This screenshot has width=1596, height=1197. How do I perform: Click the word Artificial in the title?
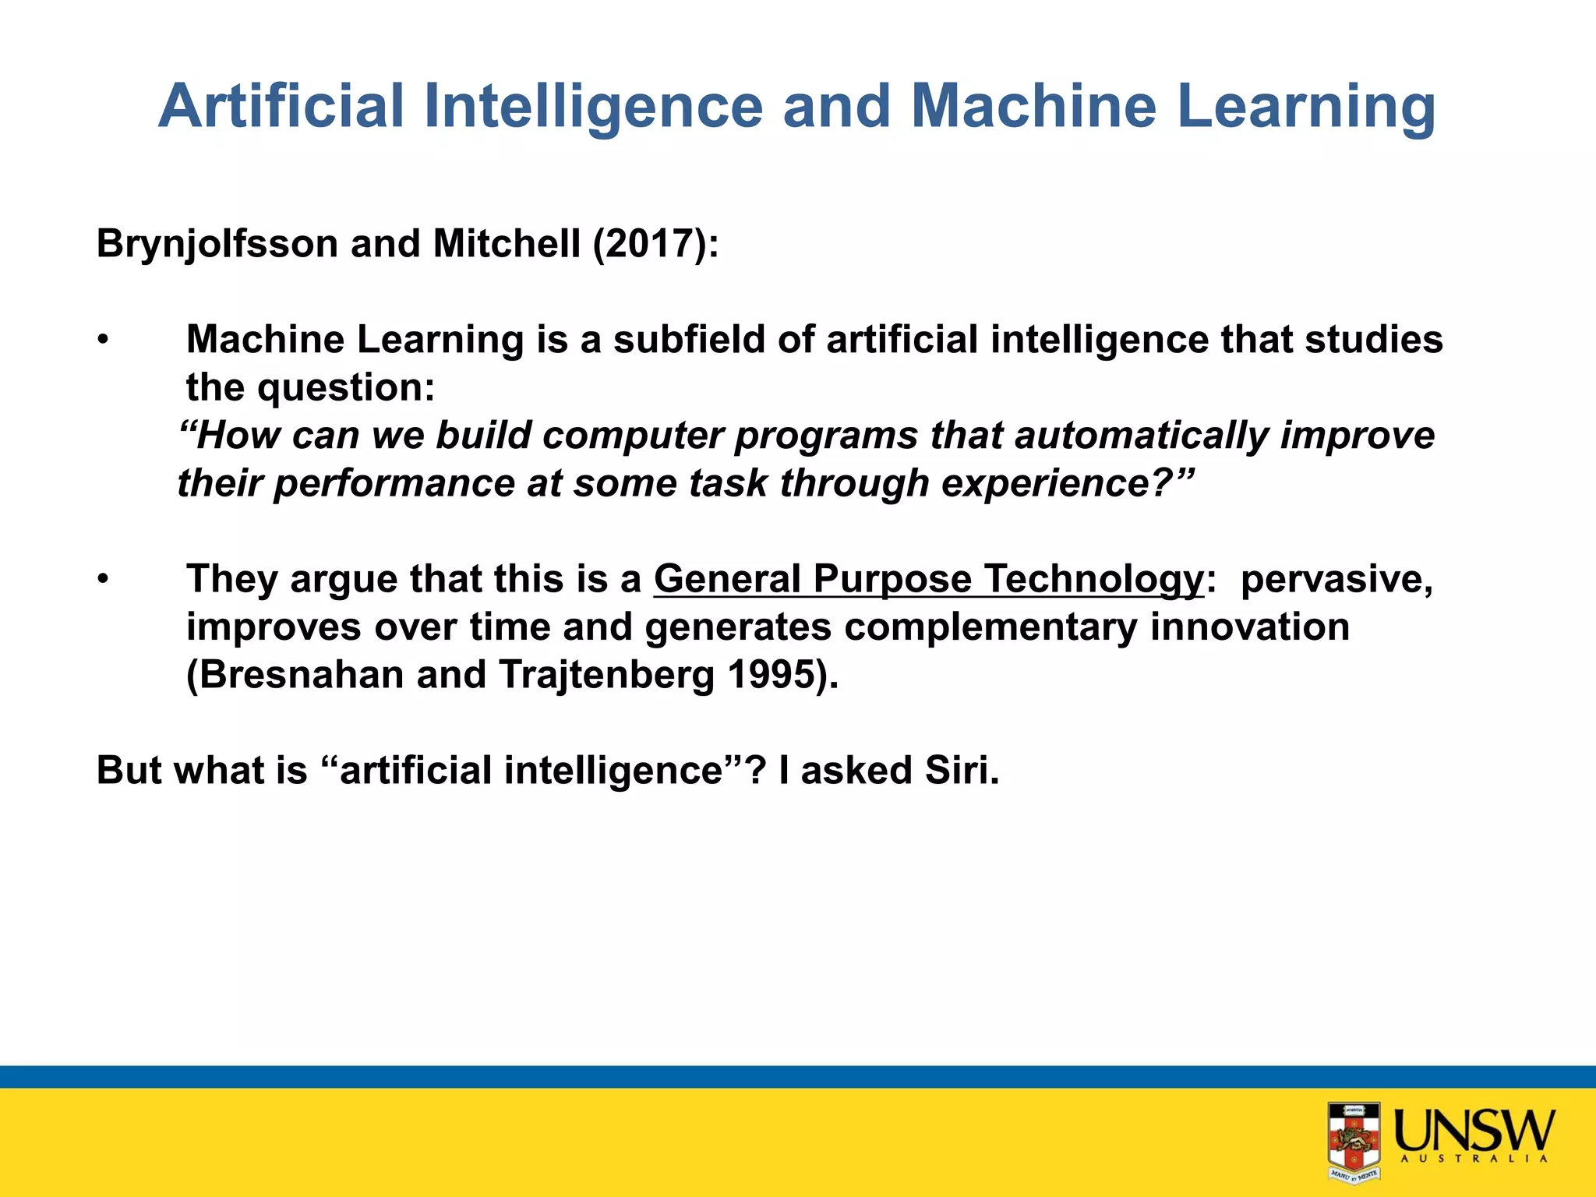click(281, 106)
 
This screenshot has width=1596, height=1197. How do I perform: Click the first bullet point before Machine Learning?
click(102, 341)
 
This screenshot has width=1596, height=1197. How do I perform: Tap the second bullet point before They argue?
click(102, 580)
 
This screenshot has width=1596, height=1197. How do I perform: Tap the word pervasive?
click(1336, 580)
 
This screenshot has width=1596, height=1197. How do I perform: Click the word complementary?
click(990, 627)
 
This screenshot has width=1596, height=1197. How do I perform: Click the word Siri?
click(960, 771)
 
